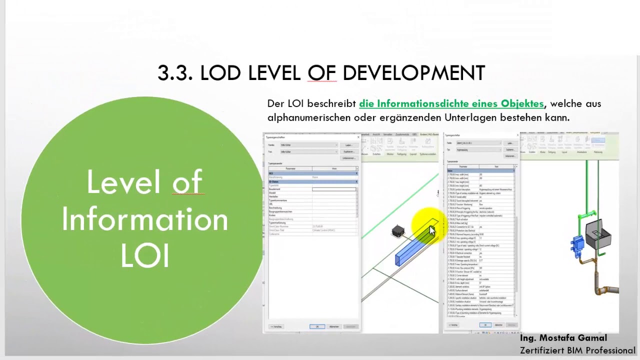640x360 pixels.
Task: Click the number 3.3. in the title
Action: click(174, 73)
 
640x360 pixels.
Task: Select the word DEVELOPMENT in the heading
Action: click(413, 73)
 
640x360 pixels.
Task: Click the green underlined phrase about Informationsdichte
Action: click(451, 103)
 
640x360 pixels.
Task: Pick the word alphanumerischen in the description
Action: click(309, 117)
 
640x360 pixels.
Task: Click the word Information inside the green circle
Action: click(144, 219)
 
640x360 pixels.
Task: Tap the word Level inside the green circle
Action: click(116, 182)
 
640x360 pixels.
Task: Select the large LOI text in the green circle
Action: click(145, 256)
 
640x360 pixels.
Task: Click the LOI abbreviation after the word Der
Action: click(295, 103)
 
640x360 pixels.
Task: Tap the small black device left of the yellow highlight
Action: click(398, 231)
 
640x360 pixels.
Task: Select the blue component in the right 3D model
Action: click(578, 244)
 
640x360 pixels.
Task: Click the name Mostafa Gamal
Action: click(579, 338)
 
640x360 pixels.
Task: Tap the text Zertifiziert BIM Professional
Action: click(577, 350)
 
